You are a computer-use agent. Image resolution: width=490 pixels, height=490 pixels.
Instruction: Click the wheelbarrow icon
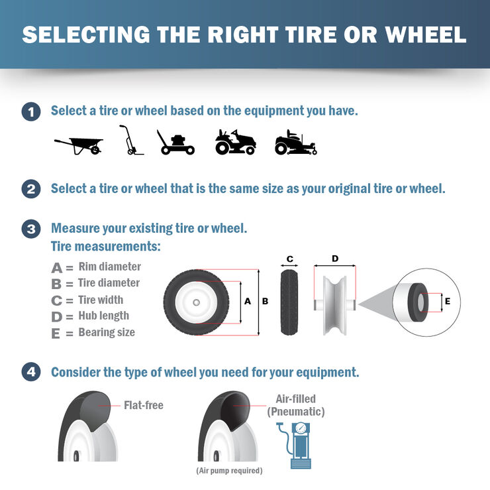[79, 145]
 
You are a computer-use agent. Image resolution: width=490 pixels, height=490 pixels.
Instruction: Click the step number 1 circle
[30, 111]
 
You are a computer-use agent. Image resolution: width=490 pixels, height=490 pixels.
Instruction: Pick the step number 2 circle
[30, 189]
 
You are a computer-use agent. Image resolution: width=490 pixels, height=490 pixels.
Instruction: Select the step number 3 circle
[30, 229]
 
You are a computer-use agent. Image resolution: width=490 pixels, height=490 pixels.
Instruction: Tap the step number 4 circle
[30, 373]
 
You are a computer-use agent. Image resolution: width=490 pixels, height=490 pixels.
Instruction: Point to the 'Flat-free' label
[143, 405]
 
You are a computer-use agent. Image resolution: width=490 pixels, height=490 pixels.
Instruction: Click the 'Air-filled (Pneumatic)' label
[295, 405]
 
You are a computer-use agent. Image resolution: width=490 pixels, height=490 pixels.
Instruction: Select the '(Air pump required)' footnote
[229, 471]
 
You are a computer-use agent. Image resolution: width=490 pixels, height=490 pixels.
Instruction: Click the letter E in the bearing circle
[448, 301]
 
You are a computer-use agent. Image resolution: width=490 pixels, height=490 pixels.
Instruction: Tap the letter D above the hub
[335, 258]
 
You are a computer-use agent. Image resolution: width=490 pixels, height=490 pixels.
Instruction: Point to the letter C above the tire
[289, 259]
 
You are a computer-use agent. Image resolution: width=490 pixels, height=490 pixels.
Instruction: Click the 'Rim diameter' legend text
[109, 267]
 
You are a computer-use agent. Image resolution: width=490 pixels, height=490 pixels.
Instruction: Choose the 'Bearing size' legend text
[106, 332]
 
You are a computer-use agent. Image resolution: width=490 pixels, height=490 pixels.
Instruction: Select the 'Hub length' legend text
[103, 316]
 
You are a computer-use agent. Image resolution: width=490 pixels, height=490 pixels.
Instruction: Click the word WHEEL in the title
[420, 34]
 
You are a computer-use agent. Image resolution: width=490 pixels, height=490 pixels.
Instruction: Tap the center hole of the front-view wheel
[197, 301]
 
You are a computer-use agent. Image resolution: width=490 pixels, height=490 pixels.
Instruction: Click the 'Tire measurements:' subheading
[106, 247]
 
